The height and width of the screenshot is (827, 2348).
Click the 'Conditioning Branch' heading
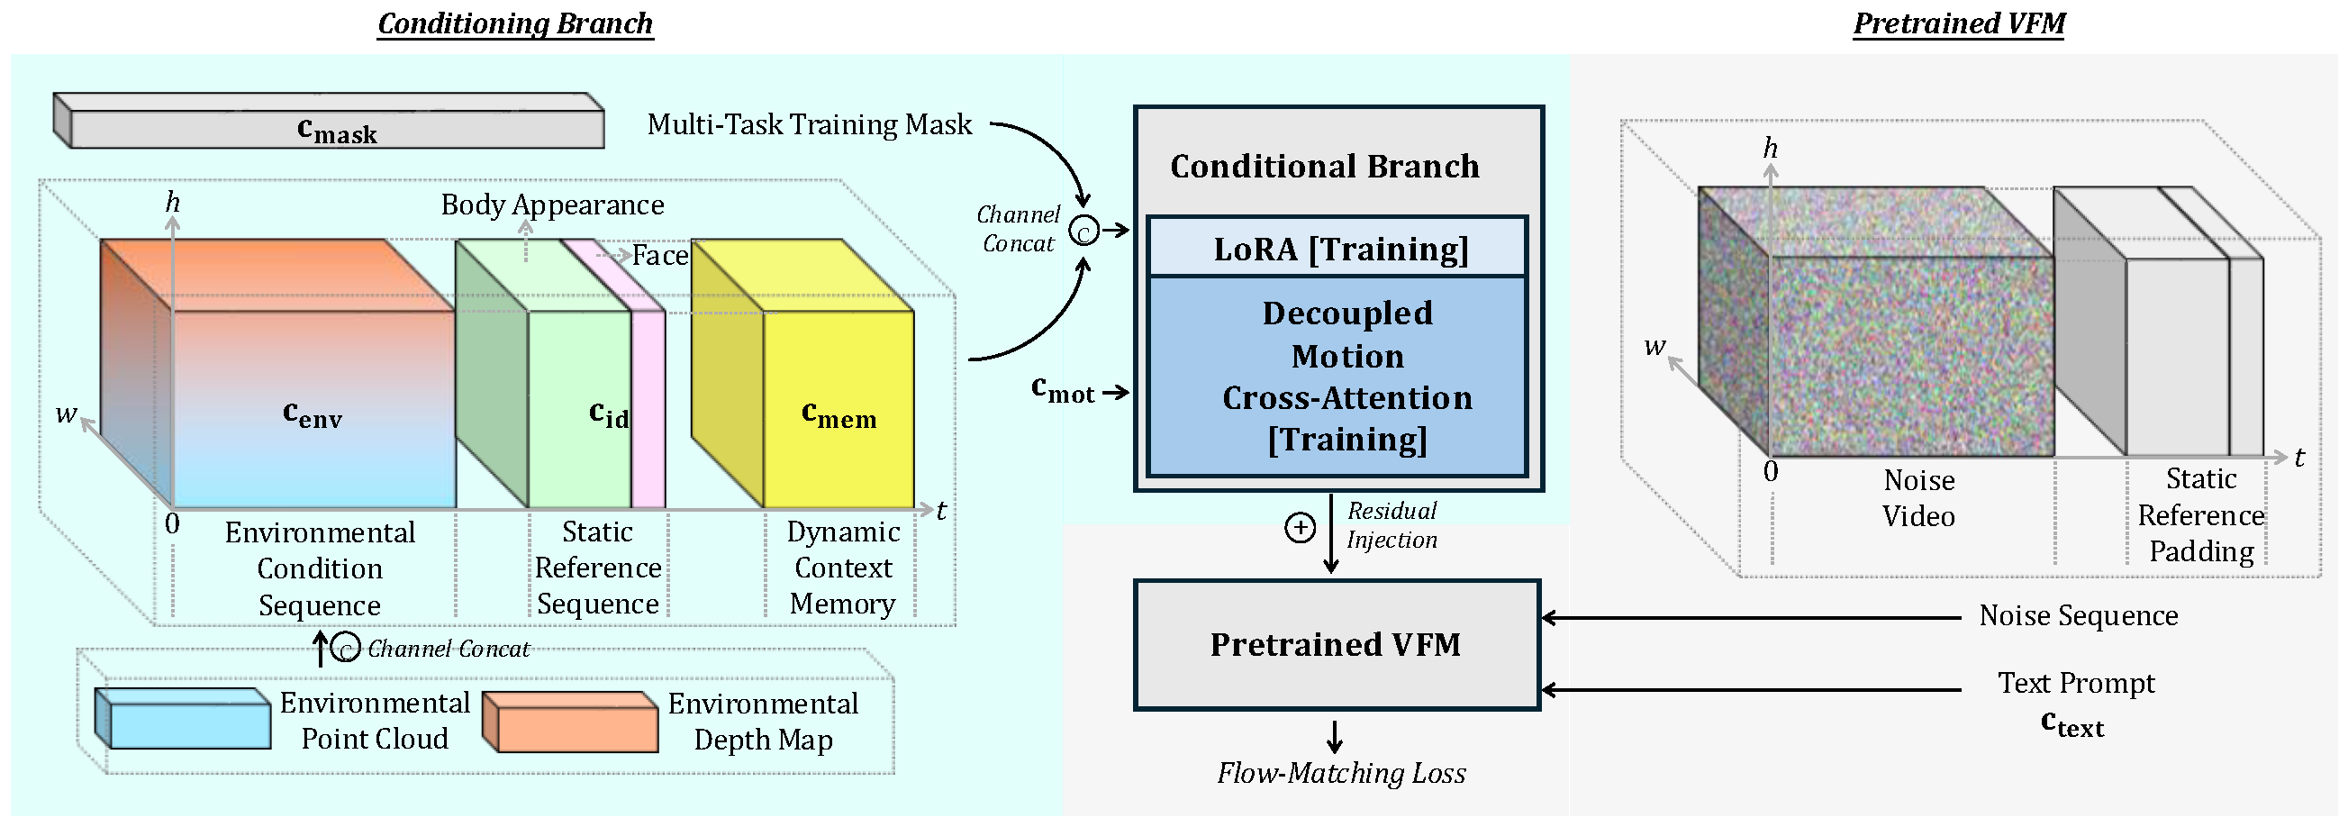[515, 23]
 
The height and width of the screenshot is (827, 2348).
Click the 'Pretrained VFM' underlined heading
[1959, 23]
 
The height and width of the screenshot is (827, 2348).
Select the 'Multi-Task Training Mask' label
[809, 124]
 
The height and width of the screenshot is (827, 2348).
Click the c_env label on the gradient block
[312, 414]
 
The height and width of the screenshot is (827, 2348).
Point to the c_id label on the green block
[608, 414]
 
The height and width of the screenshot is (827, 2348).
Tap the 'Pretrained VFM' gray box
[1336, 645]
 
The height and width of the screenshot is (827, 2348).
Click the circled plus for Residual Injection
[1299, 527]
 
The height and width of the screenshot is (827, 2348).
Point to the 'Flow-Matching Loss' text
[1341, 773]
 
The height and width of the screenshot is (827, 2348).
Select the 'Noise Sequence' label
[2078, 616]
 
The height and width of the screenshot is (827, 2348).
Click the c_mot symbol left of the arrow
[1062, 389]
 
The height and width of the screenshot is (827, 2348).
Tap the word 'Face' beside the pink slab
[660, 255]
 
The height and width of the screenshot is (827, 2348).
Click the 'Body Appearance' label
[552, 204]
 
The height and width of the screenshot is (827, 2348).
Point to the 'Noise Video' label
[1918, 498]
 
